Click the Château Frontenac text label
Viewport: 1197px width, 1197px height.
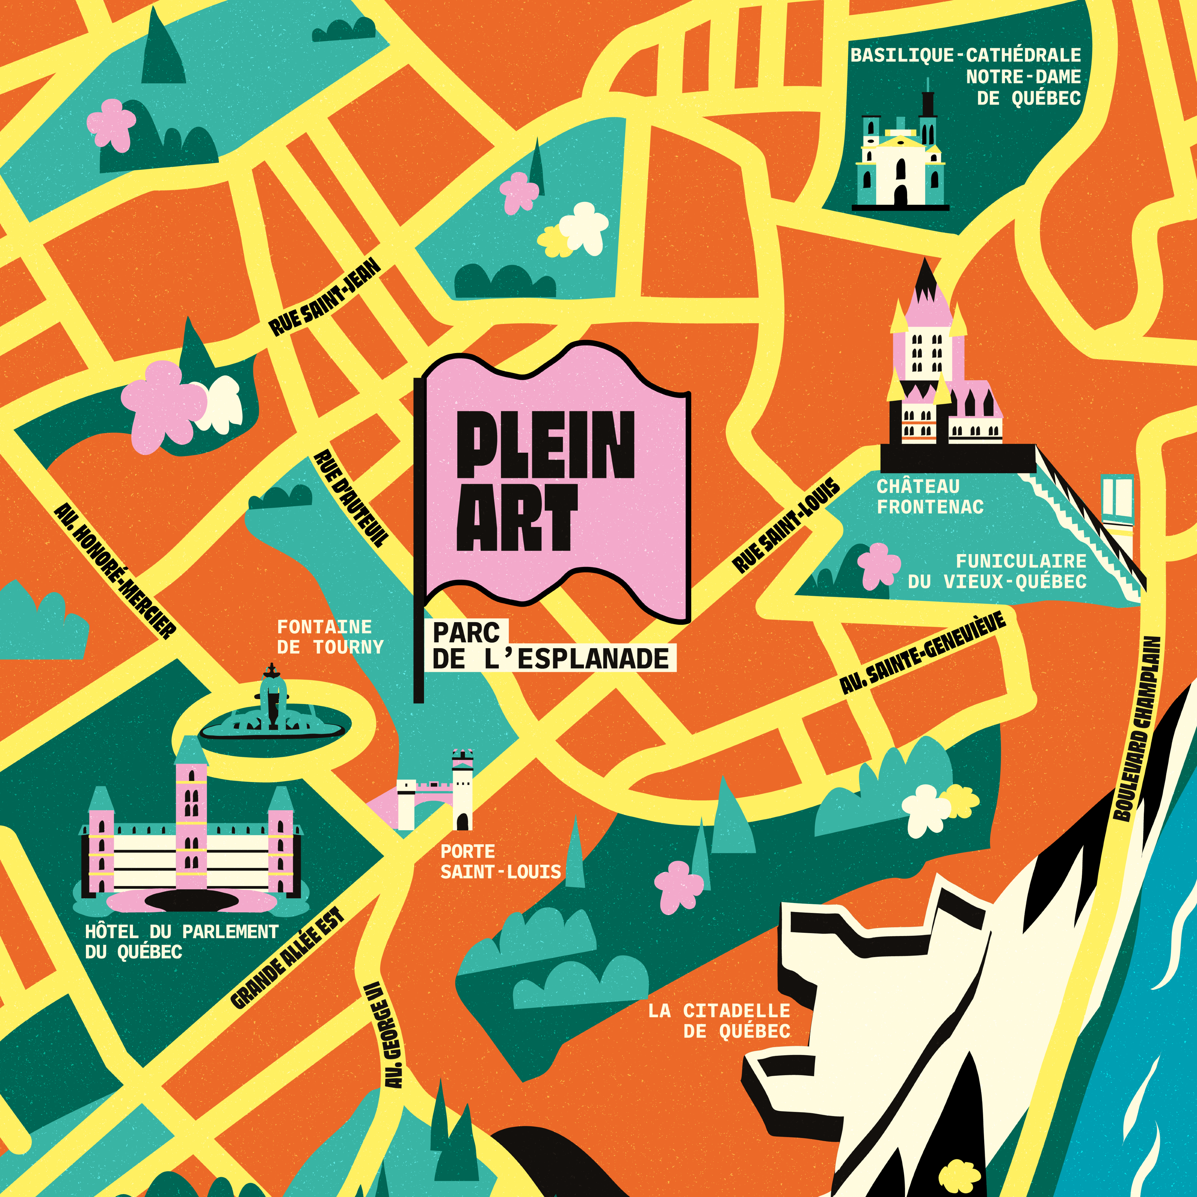929,496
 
